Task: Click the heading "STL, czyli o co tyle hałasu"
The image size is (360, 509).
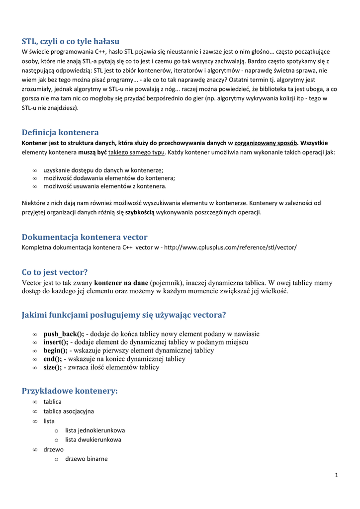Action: [71, 41]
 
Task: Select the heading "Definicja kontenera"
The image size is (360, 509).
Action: [60, 132]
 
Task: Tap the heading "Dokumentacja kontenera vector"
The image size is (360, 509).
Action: [85, 237]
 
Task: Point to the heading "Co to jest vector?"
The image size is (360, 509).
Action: [55, 272]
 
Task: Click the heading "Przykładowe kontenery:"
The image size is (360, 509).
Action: [70, 391]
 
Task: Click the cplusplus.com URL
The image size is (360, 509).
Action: [230, 247]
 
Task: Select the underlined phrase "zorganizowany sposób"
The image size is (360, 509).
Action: [266, 143]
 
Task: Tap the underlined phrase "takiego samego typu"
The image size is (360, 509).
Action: [136, 153]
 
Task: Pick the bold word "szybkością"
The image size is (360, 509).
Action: [140, 212]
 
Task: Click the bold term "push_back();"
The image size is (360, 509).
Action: [64, 334]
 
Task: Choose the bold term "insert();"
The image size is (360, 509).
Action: [56, 342]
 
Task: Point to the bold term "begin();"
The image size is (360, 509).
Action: [55, 350]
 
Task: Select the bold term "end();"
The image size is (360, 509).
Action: [53, 359]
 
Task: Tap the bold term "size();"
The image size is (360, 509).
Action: [53, 367]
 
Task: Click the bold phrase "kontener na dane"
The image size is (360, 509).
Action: [121, 283]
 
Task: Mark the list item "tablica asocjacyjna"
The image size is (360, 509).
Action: [69, 411]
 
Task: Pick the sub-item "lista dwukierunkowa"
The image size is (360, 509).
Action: [93, 440]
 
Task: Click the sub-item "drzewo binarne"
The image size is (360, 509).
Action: [87, 459]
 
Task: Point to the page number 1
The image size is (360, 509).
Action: [336, 475]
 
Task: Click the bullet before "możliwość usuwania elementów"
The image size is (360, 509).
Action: [35, 186]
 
